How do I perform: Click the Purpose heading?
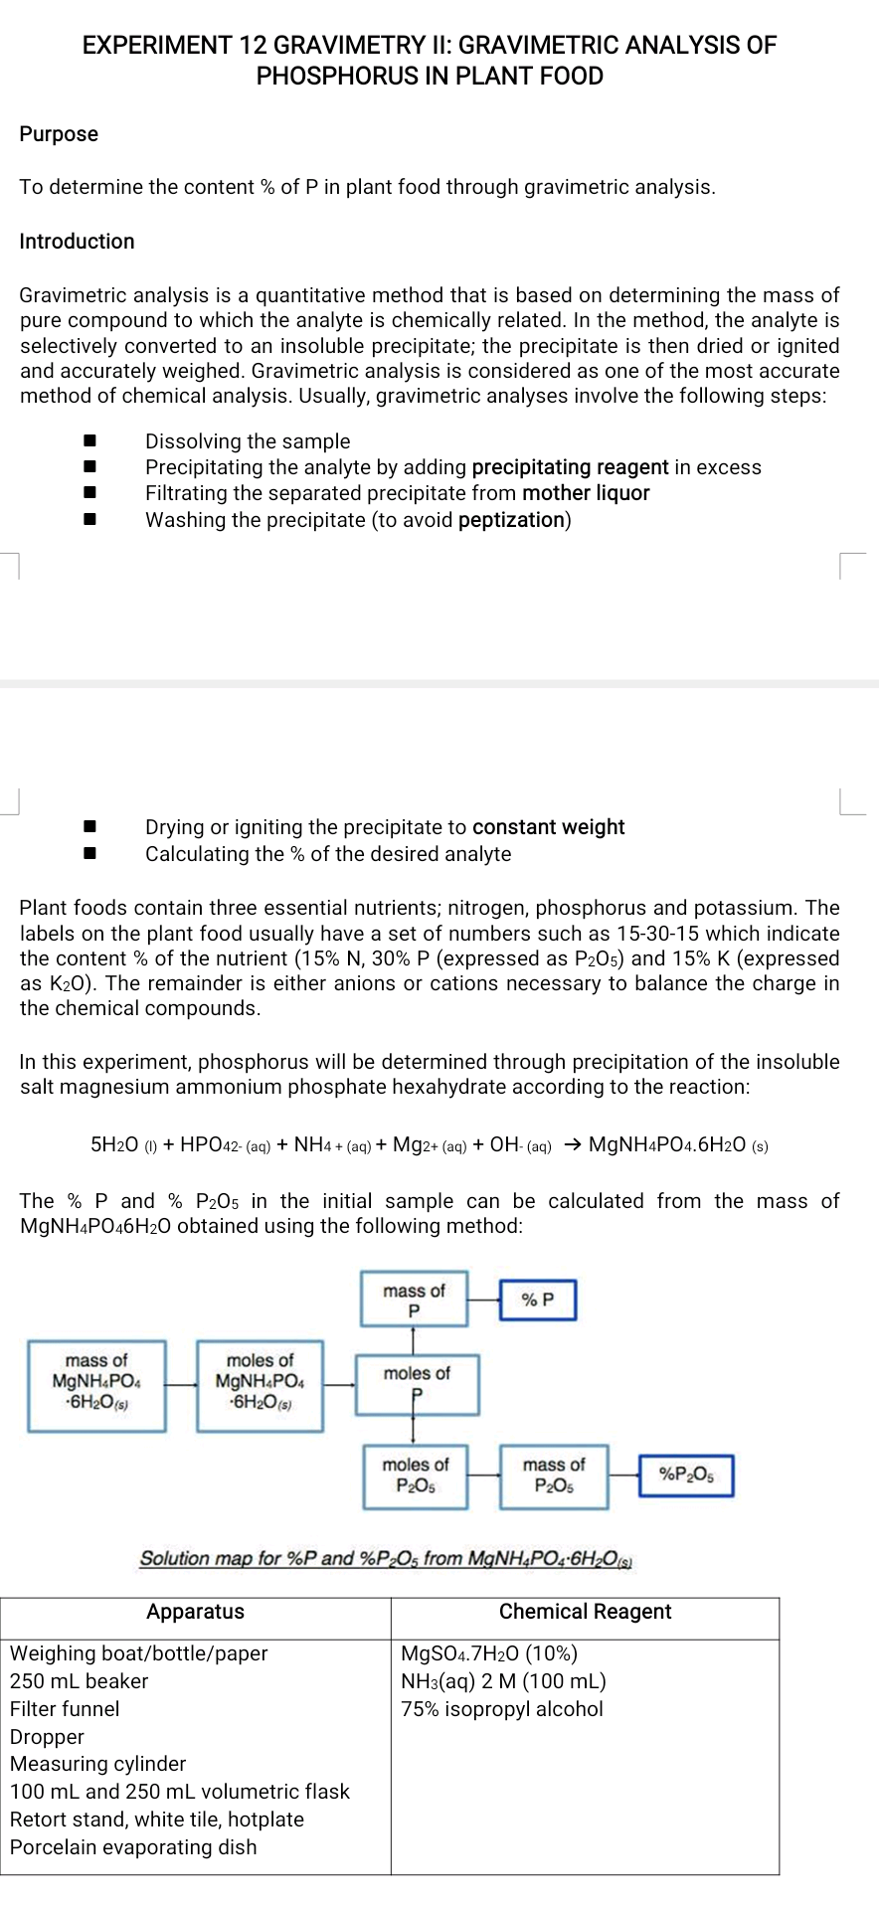click(x=59, y=134)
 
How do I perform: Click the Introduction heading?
click(x=77, y=242)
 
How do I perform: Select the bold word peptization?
click(x=511, y=520)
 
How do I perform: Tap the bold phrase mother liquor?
click(x=586, y=493)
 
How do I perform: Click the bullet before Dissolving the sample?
click(x=89, y=440)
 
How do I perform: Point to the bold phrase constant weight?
click(x=548, y=827)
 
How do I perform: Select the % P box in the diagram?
click(x=537, y=1300)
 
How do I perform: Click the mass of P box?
click(x=414, y=1300)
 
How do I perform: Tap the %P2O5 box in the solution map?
click(x=686, y=1474)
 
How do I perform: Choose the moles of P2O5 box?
click(x=415, y=1475)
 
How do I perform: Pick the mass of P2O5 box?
click(x=554, y=1475)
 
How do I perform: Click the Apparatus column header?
click(x=195, y=1612)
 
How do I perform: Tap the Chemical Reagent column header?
click(x=585, y=1612)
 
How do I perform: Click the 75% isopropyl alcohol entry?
click(x=502, y=1709)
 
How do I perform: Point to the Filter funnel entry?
click(x=65, y=1709)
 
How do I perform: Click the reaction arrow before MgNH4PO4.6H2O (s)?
click(x=572, y=1144)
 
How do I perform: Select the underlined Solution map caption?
click(x=387, y=1558)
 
